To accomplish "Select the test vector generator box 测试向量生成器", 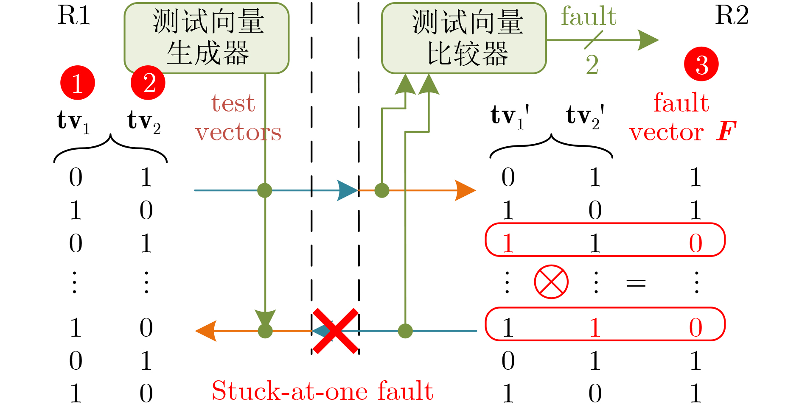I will click(x=207, y=38).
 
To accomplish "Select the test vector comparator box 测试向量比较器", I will click(x=464, y=38).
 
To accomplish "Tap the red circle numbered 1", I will click(x=77, y=83).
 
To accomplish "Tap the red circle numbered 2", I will click(x=148, y=83).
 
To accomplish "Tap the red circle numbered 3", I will click(x=701, y=64).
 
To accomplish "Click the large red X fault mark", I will click(x=335, y=331).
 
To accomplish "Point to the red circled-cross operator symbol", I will click(x=551, y=282).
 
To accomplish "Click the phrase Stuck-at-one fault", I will click(x=322, y=390).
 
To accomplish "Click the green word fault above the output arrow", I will click(x=588, y=17).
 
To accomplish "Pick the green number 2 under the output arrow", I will click(x=592, y=65).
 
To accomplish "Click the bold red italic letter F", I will click(x=726, y=131).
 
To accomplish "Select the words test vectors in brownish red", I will click(x=238, y=118).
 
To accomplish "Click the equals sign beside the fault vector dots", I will click(x=636, y=283).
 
